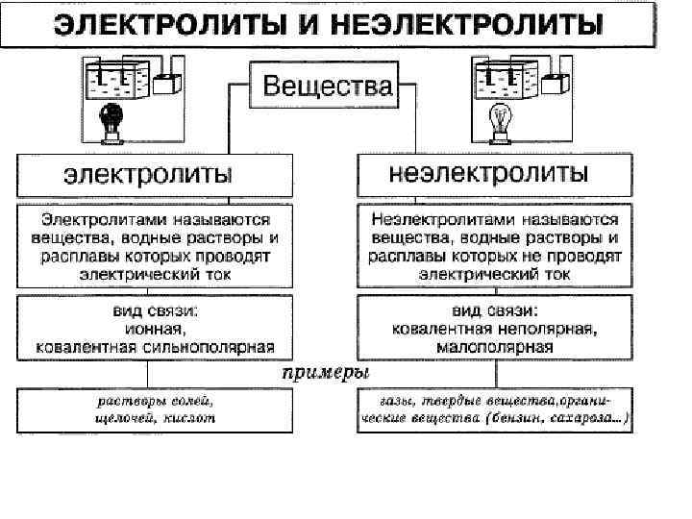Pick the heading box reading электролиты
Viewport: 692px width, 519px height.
148,176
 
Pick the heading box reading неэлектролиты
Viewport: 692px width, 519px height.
488,175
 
